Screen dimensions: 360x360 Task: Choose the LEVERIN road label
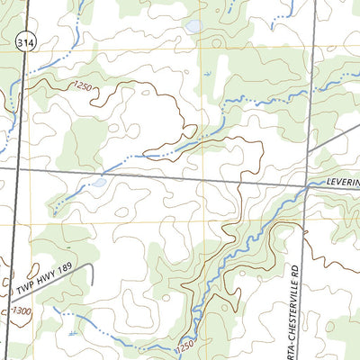click(342, 182)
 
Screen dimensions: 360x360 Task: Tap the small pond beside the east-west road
click(98, 183)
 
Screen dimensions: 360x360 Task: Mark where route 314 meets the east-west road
click(15, 166)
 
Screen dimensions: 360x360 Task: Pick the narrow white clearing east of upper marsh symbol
click(236, 72)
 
